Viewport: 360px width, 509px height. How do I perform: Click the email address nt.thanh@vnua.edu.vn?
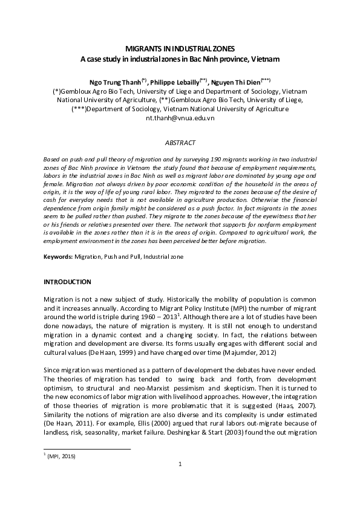(180, 118)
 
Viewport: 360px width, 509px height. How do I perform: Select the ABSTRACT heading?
(180, 142)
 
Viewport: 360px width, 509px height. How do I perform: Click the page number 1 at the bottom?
(180, 481)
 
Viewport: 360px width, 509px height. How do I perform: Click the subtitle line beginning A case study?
(180, 59)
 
